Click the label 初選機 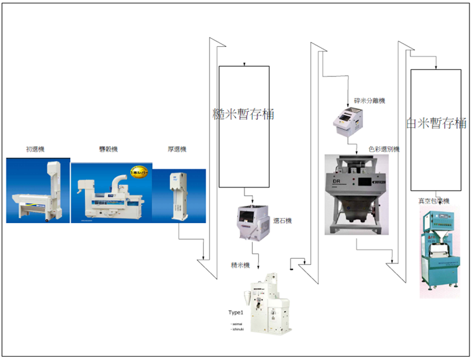click(35, 149)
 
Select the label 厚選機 click(176, 149)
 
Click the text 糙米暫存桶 click(244, 114)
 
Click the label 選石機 click(283, 221)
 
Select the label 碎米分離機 click(370, 101)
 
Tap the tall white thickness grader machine click(179, 195)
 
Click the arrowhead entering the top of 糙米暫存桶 click(244, 64)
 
